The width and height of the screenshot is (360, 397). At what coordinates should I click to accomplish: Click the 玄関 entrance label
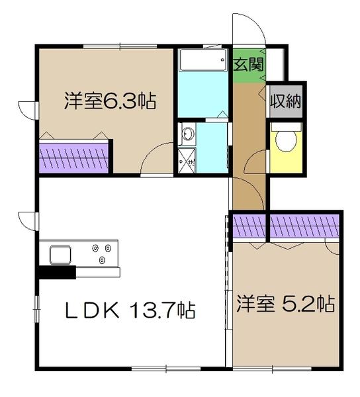pyautogui.click(x=249, y=64)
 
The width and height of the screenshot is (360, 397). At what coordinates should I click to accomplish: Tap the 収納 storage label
pyautogui.click(x=285, y=102)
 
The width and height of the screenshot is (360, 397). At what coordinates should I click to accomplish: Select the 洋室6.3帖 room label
pyautogui.click(x=109, y=102)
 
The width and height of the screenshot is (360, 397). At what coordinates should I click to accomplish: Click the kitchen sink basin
pyautogui.click(x=60, y=253)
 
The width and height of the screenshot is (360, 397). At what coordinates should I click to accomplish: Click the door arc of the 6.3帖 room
pyautogui.click(x=157, y=159)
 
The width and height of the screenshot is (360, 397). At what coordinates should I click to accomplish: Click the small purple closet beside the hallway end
pyautogui.click(x=247, y=227)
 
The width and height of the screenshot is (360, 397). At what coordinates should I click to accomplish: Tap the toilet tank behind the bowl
pyautogui.click(x=285, y=127)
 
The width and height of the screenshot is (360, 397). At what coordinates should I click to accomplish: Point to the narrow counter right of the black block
pyautogui.click(x=98, y=272)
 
